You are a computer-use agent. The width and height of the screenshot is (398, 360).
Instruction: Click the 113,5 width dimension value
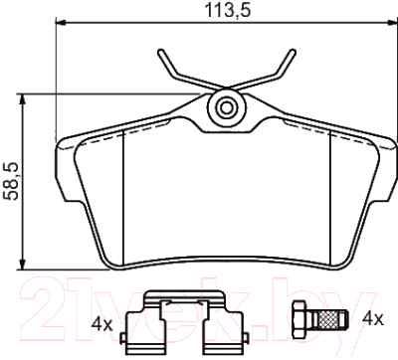(x=228, y=10)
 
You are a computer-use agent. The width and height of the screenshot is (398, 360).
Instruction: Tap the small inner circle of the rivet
(x=227, y=107)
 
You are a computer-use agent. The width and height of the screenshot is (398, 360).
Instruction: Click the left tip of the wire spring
(x=160, y=51)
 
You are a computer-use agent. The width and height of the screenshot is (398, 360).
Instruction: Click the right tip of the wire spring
(x=293, y=51)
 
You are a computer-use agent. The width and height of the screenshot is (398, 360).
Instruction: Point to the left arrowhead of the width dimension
(x=61, y=23)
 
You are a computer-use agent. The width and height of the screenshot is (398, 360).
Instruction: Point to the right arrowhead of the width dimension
(x=392, y=23)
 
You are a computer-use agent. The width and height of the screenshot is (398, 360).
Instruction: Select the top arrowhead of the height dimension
(x=23, y=99)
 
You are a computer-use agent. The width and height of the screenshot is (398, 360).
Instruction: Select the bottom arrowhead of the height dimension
(x=23, y=264)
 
